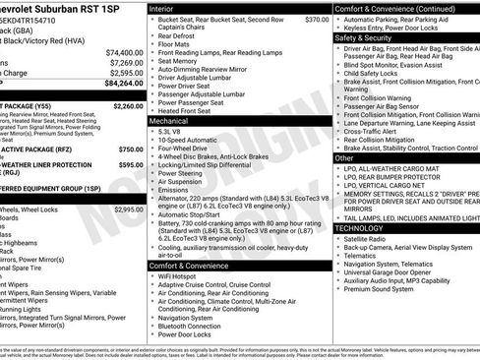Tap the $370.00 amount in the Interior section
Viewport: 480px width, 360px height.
317,20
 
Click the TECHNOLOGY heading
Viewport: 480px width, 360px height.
359,227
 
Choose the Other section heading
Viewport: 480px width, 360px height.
344,157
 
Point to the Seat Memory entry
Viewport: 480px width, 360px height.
178,61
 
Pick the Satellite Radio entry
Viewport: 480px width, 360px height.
368,239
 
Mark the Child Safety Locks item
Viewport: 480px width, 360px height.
375,72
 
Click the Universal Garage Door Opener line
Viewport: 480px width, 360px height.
392,272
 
